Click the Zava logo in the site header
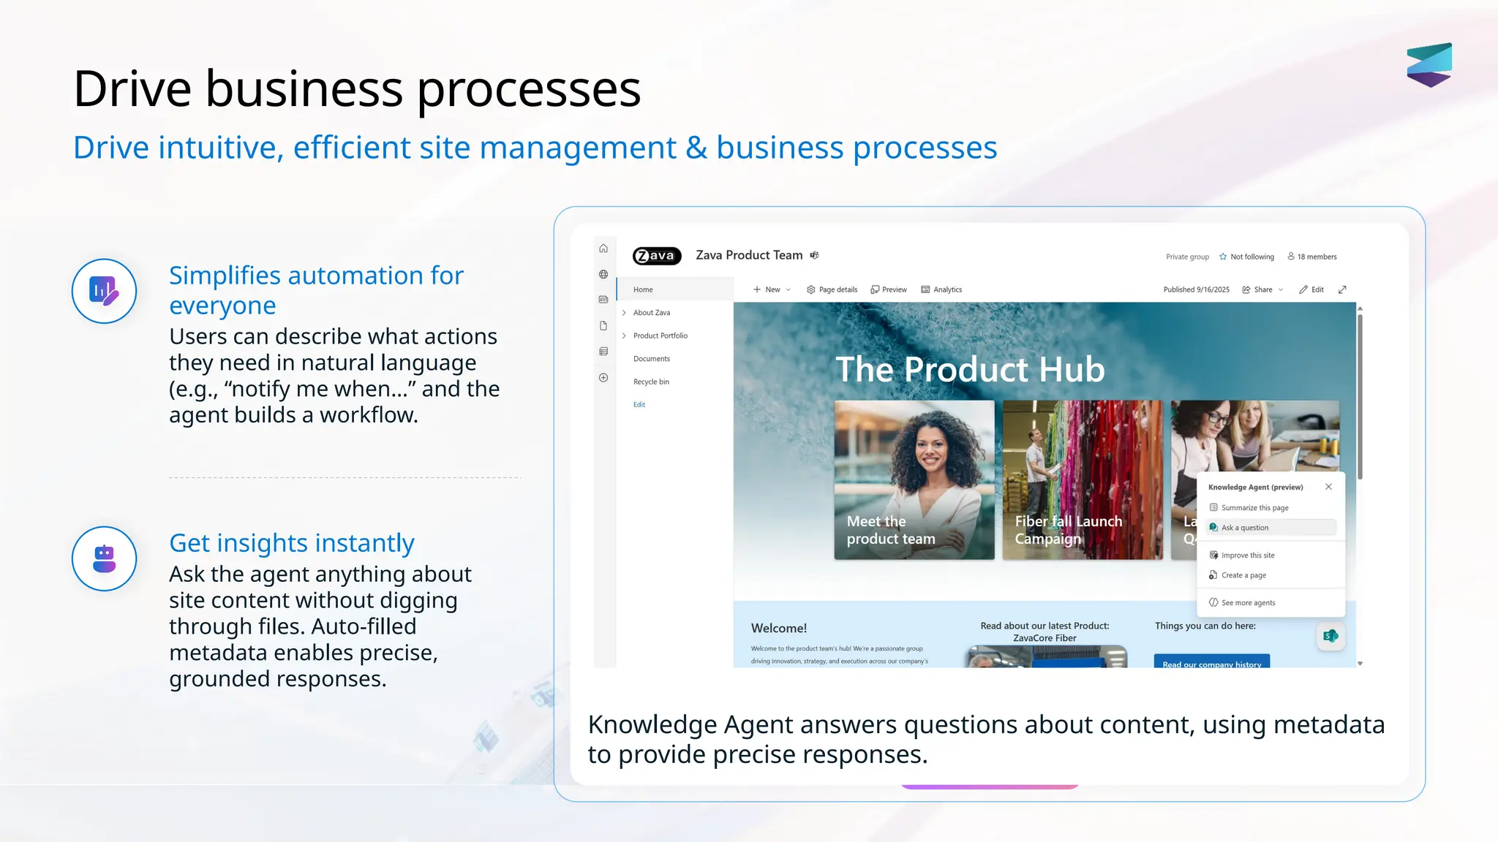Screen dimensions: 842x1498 coord(656,256)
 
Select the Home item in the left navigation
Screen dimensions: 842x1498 coord(643,289)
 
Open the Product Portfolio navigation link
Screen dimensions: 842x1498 coord(660,335)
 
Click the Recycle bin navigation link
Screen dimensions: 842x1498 coord(651,382)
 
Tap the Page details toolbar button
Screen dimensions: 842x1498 coord(832,289)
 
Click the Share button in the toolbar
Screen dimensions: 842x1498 coord(1262,289)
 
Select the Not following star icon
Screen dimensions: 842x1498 coord(1223,257)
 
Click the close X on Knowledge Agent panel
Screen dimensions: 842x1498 coord(1328,487)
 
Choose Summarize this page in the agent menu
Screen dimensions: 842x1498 coord(1254,508)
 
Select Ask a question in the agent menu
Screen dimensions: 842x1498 coord(1245,528)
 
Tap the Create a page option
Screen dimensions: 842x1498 coord(1243,575)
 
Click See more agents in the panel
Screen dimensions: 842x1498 coord(1248,603)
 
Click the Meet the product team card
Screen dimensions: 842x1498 coord(914,479)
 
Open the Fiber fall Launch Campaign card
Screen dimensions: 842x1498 coord(1082,479)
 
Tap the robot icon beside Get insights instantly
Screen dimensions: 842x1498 coord(104,558)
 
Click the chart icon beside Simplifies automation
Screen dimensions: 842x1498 coord(104,291)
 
